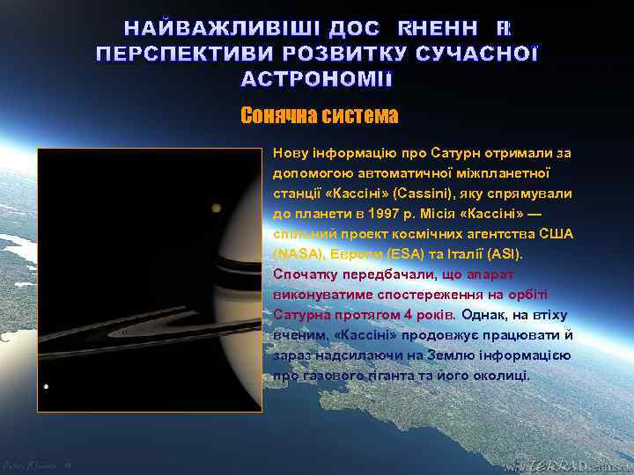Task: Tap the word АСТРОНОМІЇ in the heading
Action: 318,79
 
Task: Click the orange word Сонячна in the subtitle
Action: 279,115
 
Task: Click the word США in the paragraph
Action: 553,234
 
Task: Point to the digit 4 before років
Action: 396,315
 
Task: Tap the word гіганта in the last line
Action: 405,376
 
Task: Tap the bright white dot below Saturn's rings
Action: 45,386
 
